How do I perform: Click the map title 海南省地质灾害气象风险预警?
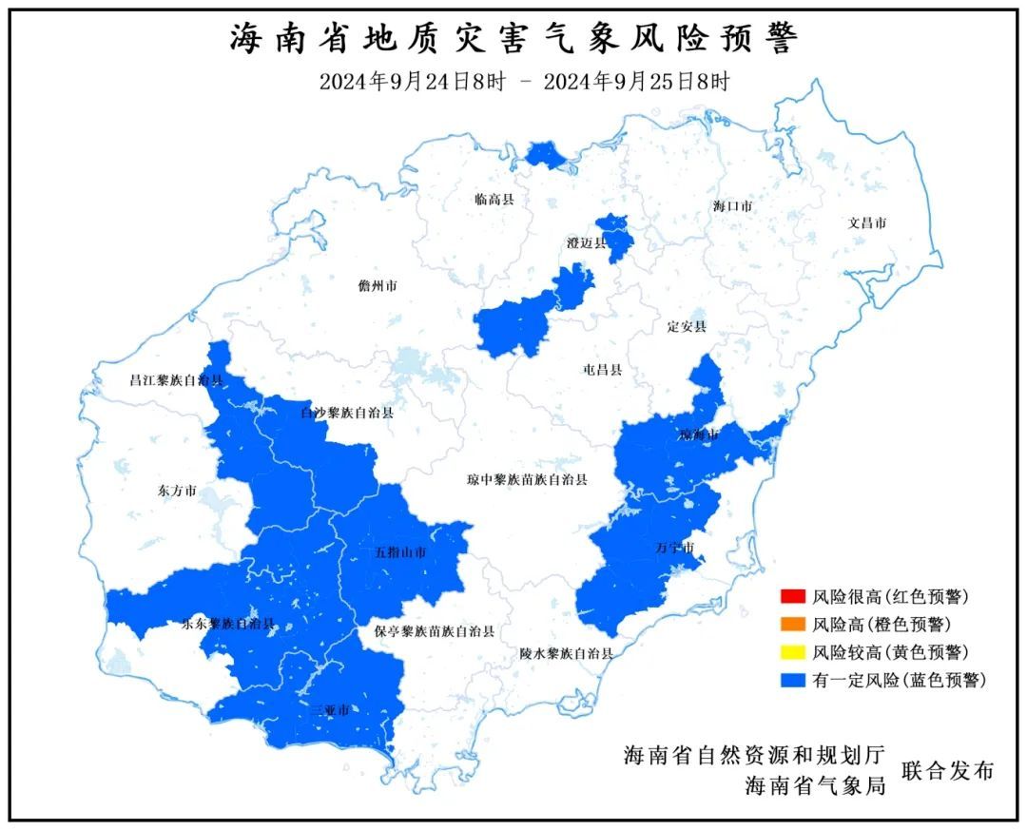click(x=514, y=39)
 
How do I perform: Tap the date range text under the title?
click(x=524, y=82)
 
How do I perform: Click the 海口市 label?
click(x=732, y=206)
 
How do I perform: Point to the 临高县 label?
click(x=494, y=200)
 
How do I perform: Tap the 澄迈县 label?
click(x=586, y=243)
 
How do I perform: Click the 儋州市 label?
click(x=378, y=286)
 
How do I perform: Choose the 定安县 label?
click(x=687, y=327)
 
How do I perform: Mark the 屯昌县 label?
click(x=601, y=370)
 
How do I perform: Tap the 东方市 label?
click(x=177, y=492)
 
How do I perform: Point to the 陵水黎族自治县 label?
click(x=566, y=654)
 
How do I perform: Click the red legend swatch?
click(x=791, y=598)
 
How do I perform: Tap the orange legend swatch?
click(x=791, y=625)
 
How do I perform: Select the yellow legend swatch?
click(x=791, y=652)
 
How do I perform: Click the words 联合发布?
click(x=947, y=771)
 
